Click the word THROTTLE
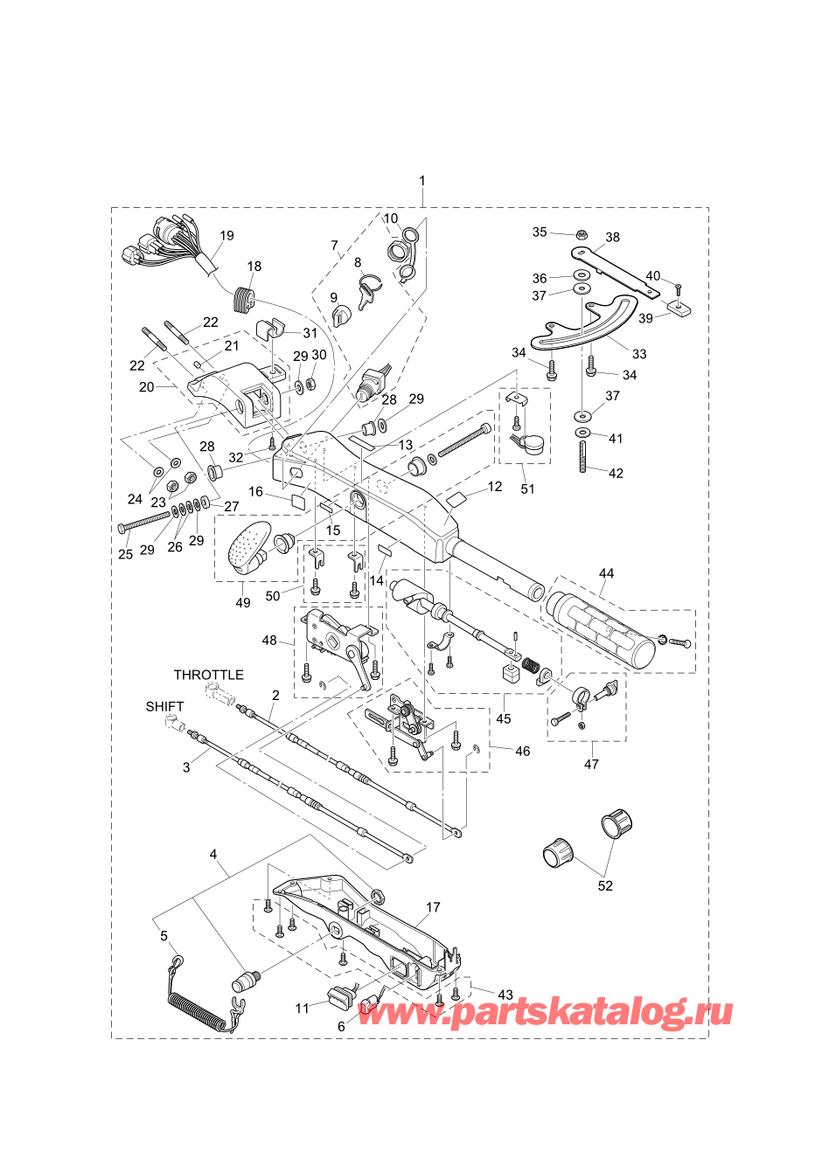point(208,675)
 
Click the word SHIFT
point(164,706)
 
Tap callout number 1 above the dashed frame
point(422,181)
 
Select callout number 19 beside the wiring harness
point(226,235)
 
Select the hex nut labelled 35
point(581,235)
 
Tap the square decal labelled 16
point(297,501)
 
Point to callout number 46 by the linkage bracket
point(522,751)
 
